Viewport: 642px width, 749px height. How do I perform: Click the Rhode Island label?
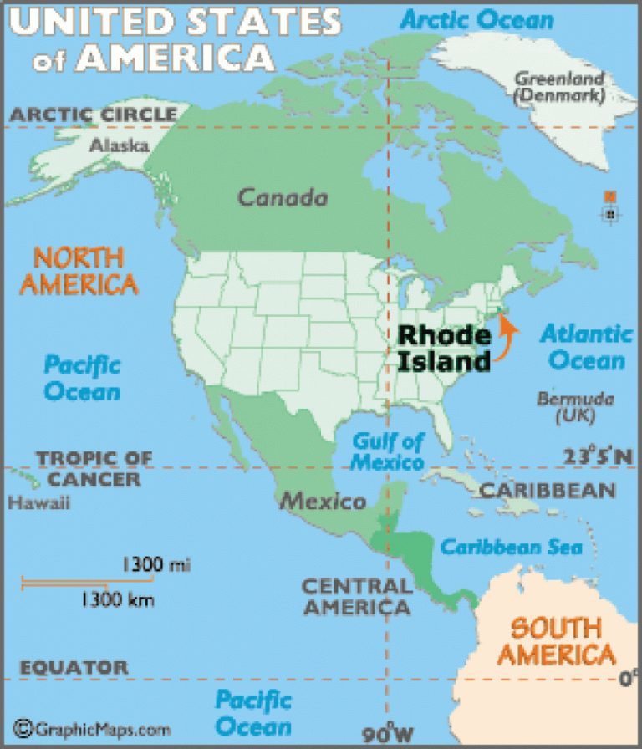[443, 348]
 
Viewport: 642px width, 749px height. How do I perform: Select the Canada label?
[282, 198]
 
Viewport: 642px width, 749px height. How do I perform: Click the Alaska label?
[119, 145]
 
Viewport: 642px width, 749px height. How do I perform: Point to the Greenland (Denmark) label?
[558, 87]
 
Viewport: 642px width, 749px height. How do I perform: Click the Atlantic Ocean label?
[585, 347]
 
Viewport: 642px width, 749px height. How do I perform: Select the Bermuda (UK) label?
[575, 406]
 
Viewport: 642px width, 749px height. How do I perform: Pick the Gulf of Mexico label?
[387, 451]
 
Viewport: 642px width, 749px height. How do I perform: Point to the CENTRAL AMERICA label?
[357, 596]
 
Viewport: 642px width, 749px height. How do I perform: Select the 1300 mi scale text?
[155, 566]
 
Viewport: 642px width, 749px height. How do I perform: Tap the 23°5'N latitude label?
[597, 456]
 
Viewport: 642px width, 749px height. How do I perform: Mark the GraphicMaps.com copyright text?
[92, 729]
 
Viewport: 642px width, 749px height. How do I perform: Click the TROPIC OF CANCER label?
[94, 468]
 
